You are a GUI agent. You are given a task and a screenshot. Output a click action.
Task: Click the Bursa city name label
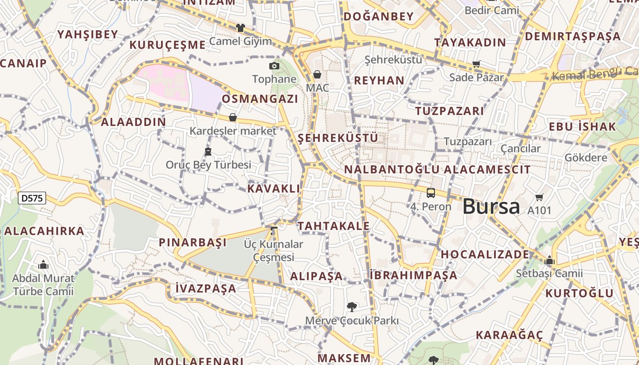pos(491,206)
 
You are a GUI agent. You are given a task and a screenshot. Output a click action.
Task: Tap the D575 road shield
pos(32,198)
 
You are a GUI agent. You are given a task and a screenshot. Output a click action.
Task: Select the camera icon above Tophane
pos(274,66)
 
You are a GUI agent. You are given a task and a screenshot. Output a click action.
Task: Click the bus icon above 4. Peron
pos(430,193)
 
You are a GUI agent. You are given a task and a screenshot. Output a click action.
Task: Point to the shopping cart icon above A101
pos(539,198)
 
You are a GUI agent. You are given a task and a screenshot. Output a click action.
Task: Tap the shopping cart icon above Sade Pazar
pos(477,64)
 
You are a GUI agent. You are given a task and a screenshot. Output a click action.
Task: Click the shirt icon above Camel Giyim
pos(241,28)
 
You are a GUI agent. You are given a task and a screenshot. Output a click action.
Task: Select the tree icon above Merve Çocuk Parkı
pos(351,307)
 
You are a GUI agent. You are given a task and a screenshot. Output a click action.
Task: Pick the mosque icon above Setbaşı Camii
pos(550,261)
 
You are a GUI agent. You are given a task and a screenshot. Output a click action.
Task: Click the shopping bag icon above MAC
pos(317,74)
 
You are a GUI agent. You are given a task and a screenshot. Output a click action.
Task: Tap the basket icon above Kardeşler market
pos(233,118)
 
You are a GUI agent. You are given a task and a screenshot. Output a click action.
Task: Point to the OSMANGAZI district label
pos(260,99)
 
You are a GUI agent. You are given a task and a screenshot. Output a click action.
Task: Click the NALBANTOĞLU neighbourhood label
pos(392,170)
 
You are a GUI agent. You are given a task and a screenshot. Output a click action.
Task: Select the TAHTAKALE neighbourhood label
pos(334,226)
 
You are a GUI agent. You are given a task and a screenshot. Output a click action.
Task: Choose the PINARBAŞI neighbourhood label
pos(193,242)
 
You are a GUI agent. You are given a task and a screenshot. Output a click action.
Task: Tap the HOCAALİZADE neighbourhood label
pos(485,254)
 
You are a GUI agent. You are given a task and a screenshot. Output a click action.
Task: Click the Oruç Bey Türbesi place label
pos(209,165)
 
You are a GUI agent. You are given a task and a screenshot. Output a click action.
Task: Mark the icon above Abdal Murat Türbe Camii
pos(43,265)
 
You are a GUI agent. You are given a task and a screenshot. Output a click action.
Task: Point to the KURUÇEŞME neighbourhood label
pos(168,45)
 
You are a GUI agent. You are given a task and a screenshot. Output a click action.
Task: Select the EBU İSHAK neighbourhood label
pos(582,126)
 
